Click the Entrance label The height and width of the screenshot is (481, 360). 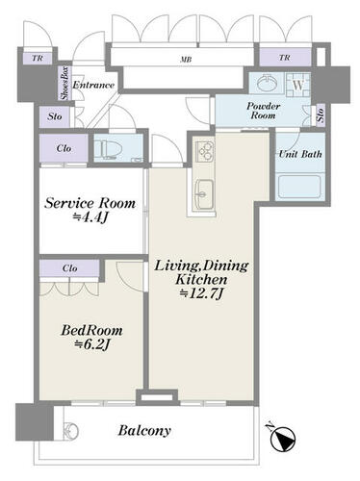(93, 85)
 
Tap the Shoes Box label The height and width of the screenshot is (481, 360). (64, 83)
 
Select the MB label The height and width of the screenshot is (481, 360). (186, 60)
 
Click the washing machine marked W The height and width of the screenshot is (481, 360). (298, 86)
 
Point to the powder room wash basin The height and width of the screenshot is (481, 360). (268, 84)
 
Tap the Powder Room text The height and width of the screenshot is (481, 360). (264, 111)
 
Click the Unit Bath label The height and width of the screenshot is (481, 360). (300, 154)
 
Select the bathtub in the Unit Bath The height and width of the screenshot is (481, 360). (299, 187)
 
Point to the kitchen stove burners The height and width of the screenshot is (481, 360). (204, 149)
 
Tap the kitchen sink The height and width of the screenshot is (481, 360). (204, 194)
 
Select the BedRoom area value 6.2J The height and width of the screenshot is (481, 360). (92, 344)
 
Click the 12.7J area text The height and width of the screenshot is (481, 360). (201, 293)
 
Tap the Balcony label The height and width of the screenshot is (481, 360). (144, 430)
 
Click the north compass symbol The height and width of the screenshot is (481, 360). (283, 438)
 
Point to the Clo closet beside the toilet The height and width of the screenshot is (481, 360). (64, 148)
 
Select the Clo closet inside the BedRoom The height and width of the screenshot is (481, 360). (69, 268)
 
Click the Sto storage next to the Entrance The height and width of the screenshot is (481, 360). (55, 116)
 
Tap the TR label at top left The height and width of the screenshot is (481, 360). (38, 59)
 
